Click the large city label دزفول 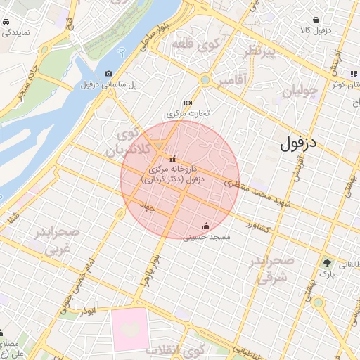[x=299, y=143]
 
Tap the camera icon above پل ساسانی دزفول [x=108, y=74]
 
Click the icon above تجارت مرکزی [x=187, y=102]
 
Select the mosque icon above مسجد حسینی [x=205, y=226]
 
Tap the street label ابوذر [x=87, y=309]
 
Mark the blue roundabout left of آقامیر [x=204, y=80]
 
